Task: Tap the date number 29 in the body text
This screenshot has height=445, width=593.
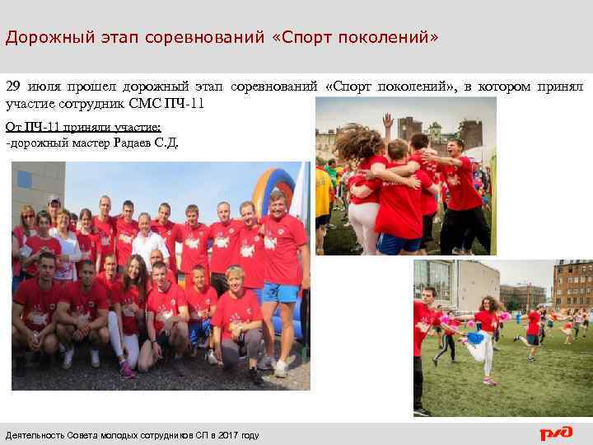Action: pos(13,87)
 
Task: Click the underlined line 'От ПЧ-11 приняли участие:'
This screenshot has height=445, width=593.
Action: pos(83,127)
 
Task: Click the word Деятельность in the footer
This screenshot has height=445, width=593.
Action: pos(35,435)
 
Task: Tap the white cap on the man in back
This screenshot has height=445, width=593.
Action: pos(54,199)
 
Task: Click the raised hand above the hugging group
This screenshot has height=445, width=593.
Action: pos(387,121)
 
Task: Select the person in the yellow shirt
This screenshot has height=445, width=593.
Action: pos(322,190)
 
